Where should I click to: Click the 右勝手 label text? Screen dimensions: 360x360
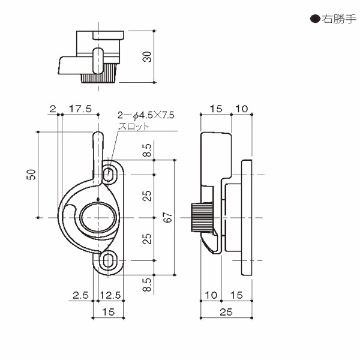tap(337, 19)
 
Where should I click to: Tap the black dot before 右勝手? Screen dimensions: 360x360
tap(314, 19)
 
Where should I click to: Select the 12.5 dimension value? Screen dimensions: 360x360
tap(111, 295)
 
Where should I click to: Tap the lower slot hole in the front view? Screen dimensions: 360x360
tap(109, 260)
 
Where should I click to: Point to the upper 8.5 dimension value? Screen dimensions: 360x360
tap(148, 151)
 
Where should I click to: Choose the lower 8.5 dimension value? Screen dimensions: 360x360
tap(148, 283)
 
